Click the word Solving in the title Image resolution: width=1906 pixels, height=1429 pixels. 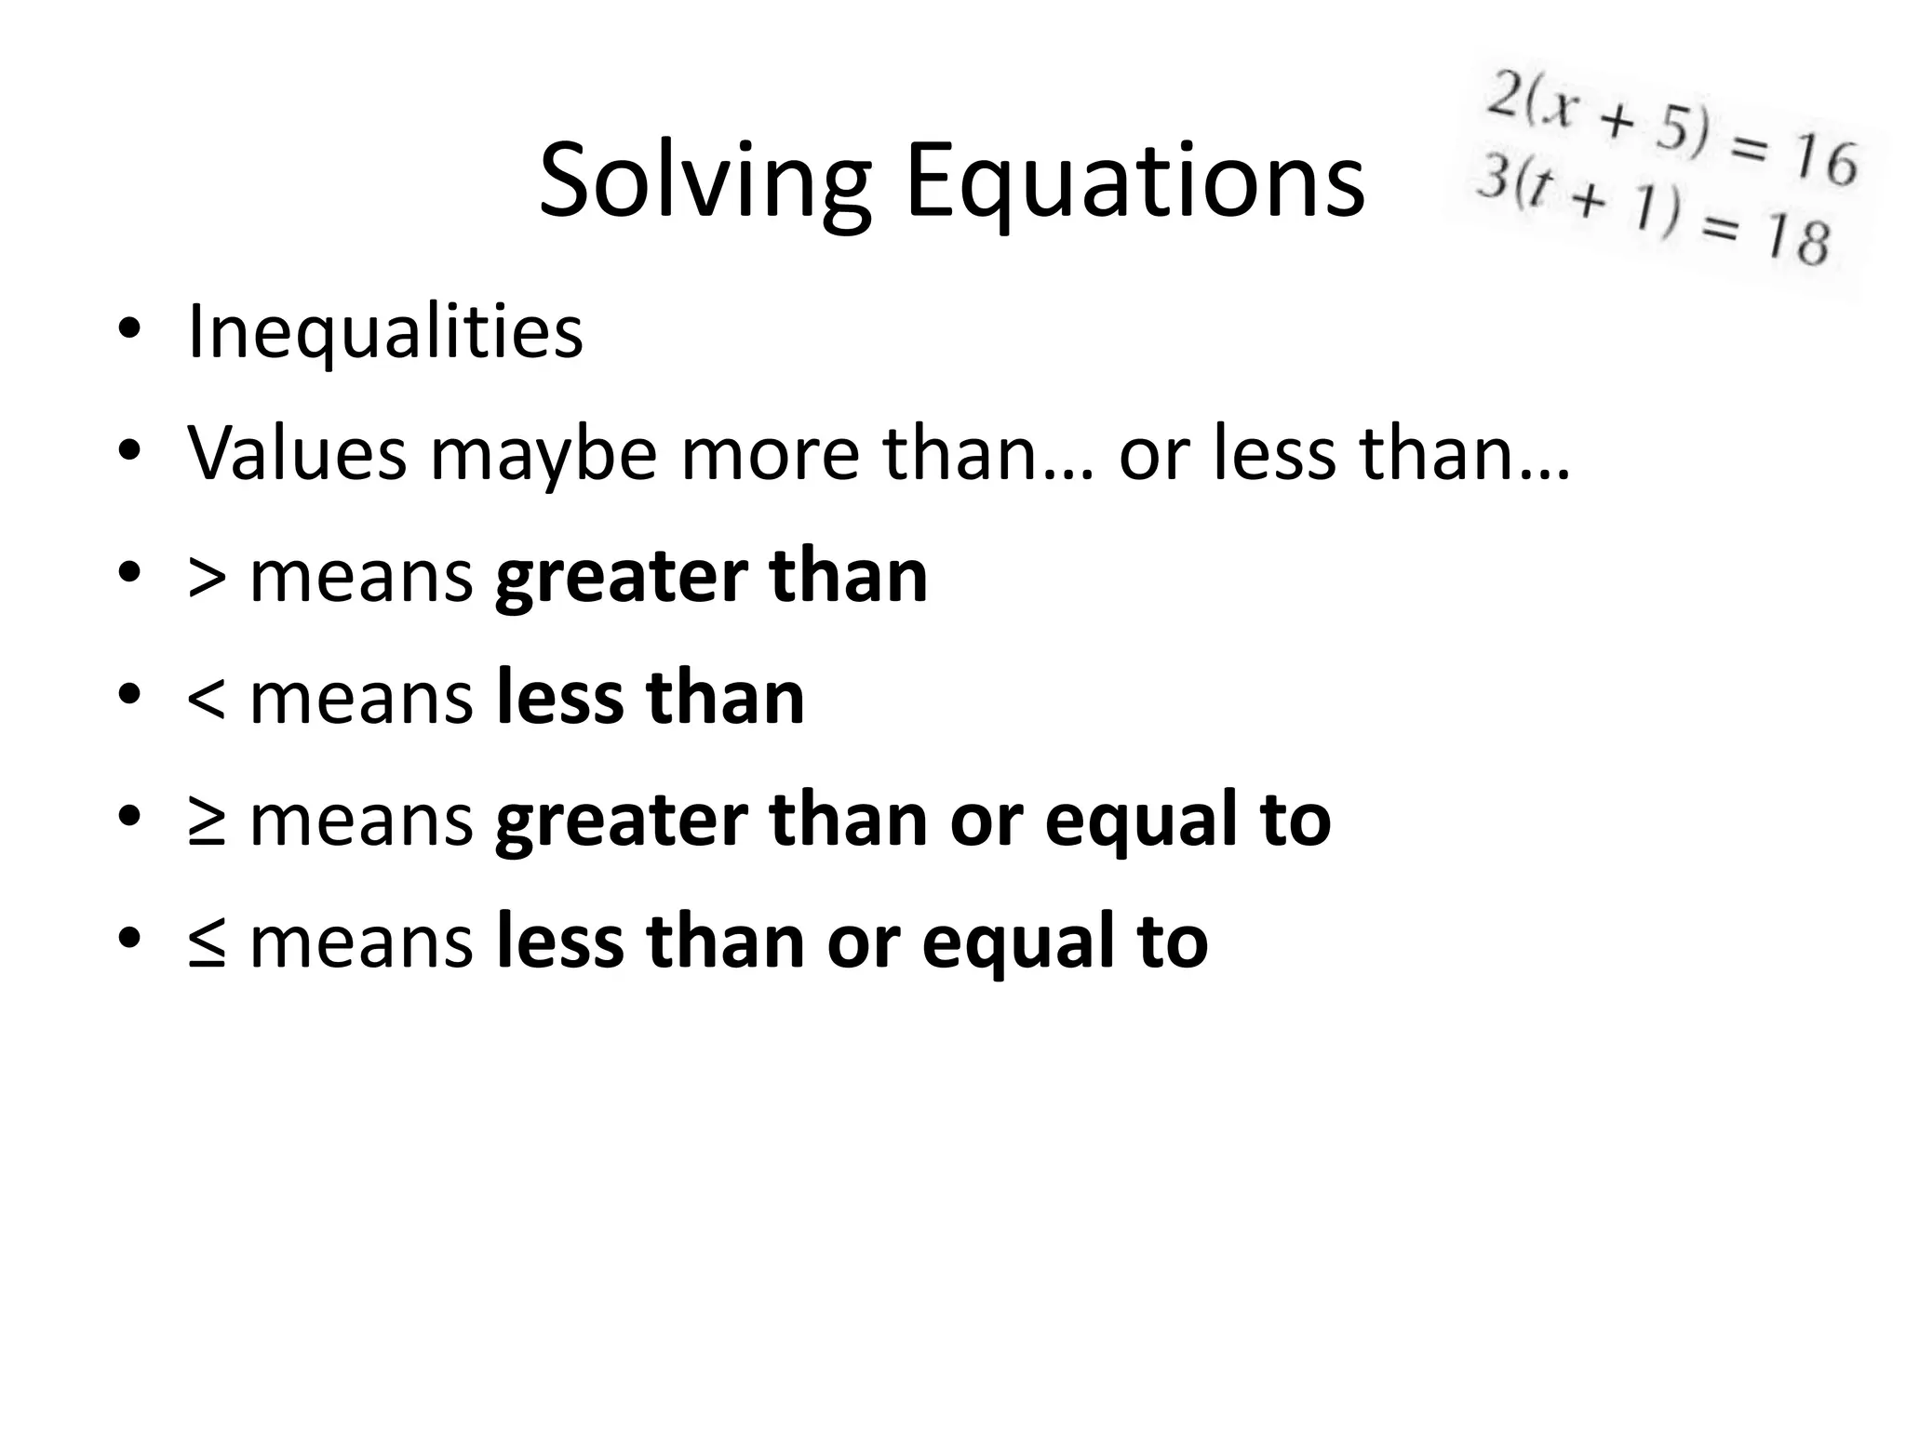[x=705, y=182]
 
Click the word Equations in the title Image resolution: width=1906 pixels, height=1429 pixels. [x=1134, y=182]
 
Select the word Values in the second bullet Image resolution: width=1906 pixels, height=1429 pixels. [x=297, y=453]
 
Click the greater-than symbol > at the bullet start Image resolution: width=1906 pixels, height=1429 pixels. [x=206, y=578]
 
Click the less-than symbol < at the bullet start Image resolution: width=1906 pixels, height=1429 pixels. [x=206, y=700]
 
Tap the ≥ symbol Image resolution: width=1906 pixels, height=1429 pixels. [x=206, y=821]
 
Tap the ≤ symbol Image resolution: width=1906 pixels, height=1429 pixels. [x=206, y=943]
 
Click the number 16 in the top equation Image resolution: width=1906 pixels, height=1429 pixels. [x=1825, y=163]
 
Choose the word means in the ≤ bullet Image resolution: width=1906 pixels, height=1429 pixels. [x=361, y=943]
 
